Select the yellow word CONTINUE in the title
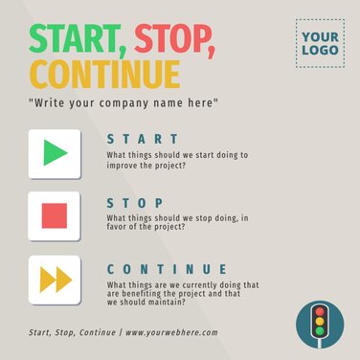[104, 74]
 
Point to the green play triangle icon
[56, 153]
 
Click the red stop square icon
[56, 216]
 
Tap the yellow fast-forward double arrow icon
[56, 280]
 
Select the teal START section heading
[143, 139]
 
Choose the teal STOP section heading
[136, 203]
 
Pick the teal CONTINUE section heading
[168, 269]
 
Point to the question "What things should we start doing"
[177, 154]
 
